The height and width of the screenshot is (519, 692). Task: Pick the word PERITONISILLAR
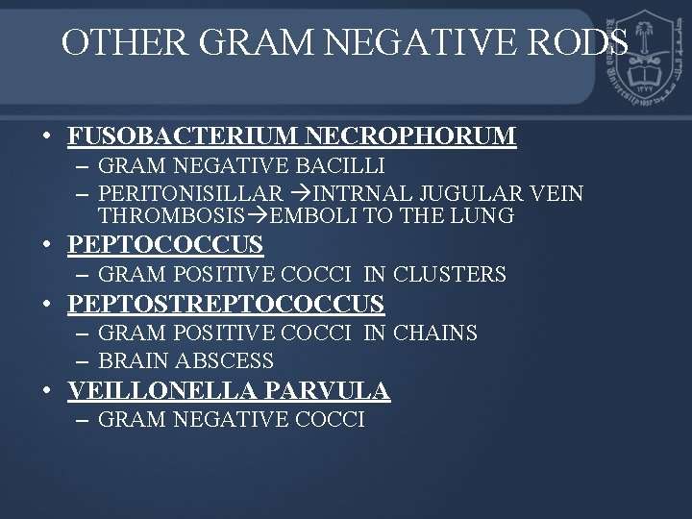[x=190, y=194]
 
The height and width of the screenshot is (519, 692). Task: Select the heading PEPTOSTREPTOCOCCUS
[x=226, y=305]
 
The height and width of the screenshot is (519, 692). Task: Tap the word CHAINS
[x=433, y=334]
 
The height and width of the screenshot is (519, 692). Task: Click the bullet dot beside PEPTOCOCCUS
[x=46, y=245]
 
